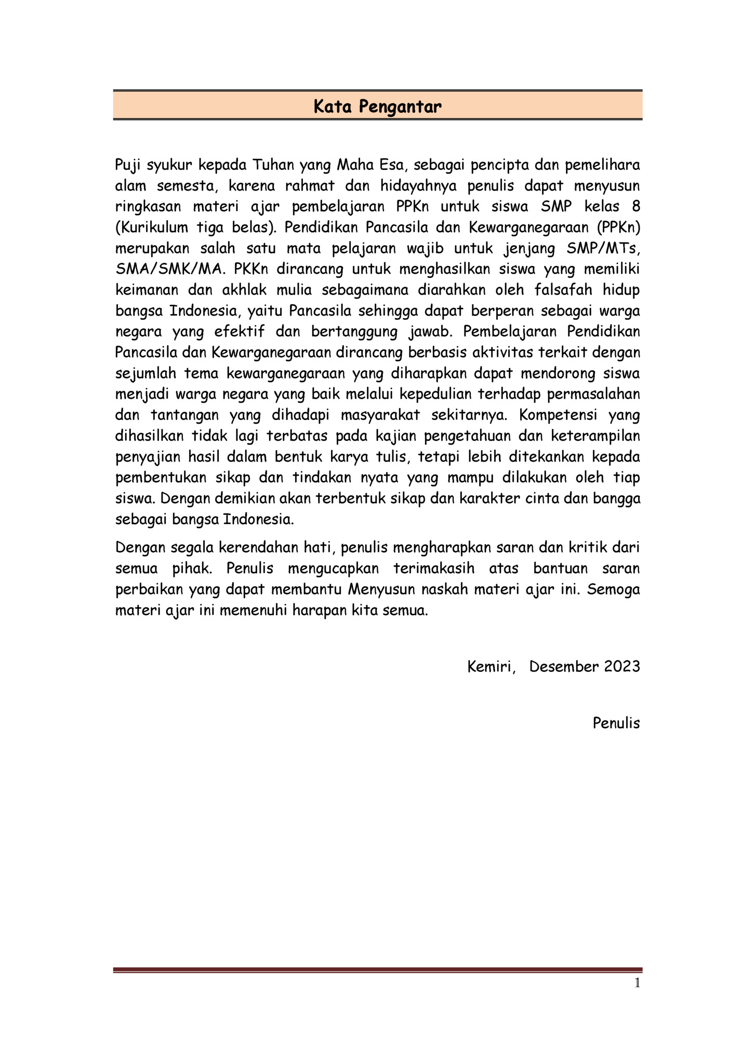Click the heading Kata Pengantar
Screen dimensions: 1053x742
pos(377,106)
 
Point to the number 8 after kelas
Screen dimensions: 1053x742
pos(635,207)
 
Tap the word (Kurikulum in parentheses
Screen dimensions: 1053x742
pos(151,227)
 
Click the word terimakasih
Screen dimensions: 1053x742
pos(434,569)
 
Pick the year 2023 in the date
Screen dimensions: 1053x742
pos(621,667)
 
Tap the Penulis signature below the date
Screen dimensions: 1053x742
pos(616,723)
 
